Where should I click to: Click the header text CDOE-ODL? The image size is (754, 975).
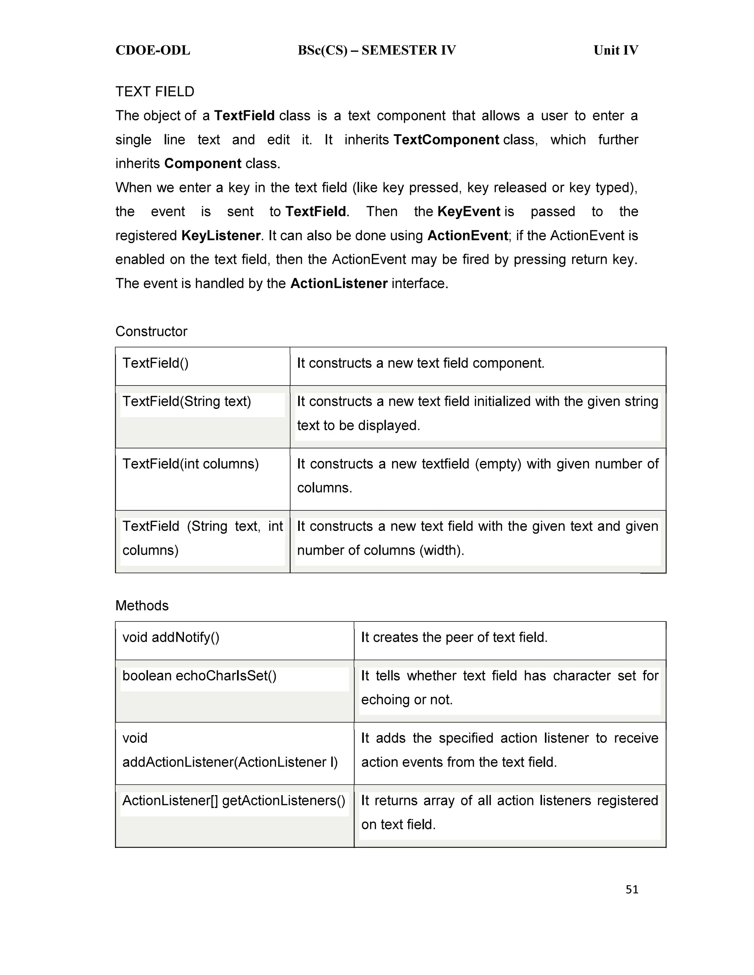click(153, 50)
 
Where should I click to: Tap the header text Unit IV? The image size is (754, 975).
click(616, 50)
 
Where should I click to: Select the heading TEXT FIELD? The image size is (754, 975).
click(155, 92)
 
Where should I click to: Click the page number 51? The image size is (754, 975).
click(632, 890)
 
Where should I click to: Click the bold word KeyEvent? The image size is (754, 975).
click(469, 212)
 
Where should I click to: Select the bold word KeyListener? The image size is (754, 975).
click(221, 236)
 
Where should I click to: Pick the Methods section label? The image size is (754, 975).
click(142, 606)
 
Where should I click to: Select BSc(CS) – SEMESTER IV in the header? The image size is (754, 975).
click(377, 50)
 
